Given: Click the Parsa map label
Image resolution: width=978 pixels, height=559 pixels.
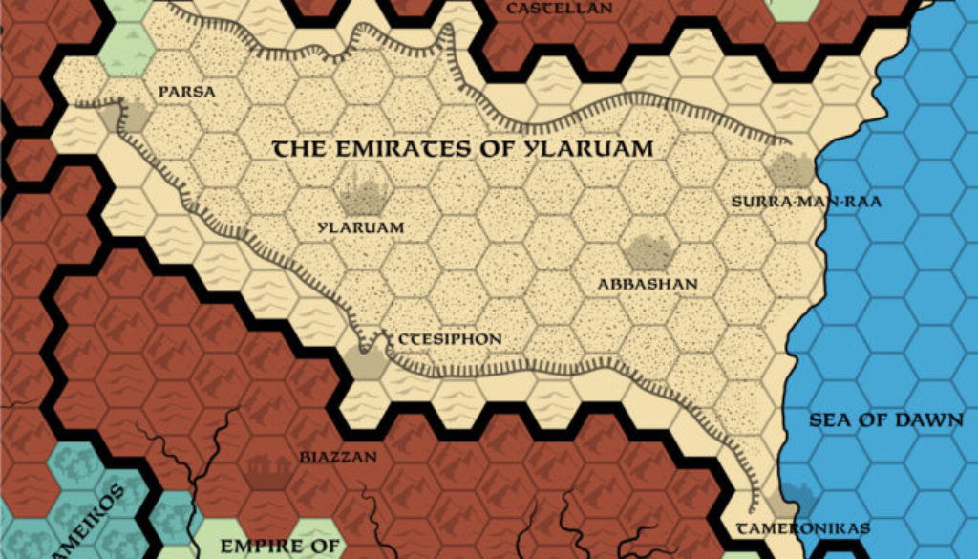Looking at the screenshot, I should point(187,93).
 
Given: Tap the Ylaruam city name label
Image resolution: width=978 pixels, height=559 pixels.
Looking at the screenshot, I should point(362,228).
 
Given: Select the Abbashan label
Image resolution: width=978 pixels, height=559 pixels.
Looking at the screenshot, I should point(648,284).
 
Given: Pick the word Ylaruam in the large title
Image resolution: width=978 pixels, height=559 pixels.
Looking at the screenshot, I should point(592,149).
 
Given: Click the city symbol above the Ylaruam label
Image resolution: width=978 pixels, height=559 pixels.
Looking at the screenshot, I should point(363,196).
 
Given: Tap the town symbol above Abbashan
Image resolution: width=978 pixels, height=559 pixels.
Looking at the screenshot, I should point(648,252).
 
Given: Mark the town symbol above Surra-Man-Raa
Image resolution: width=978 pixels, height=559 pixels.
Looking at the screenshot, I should point(789,170).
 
